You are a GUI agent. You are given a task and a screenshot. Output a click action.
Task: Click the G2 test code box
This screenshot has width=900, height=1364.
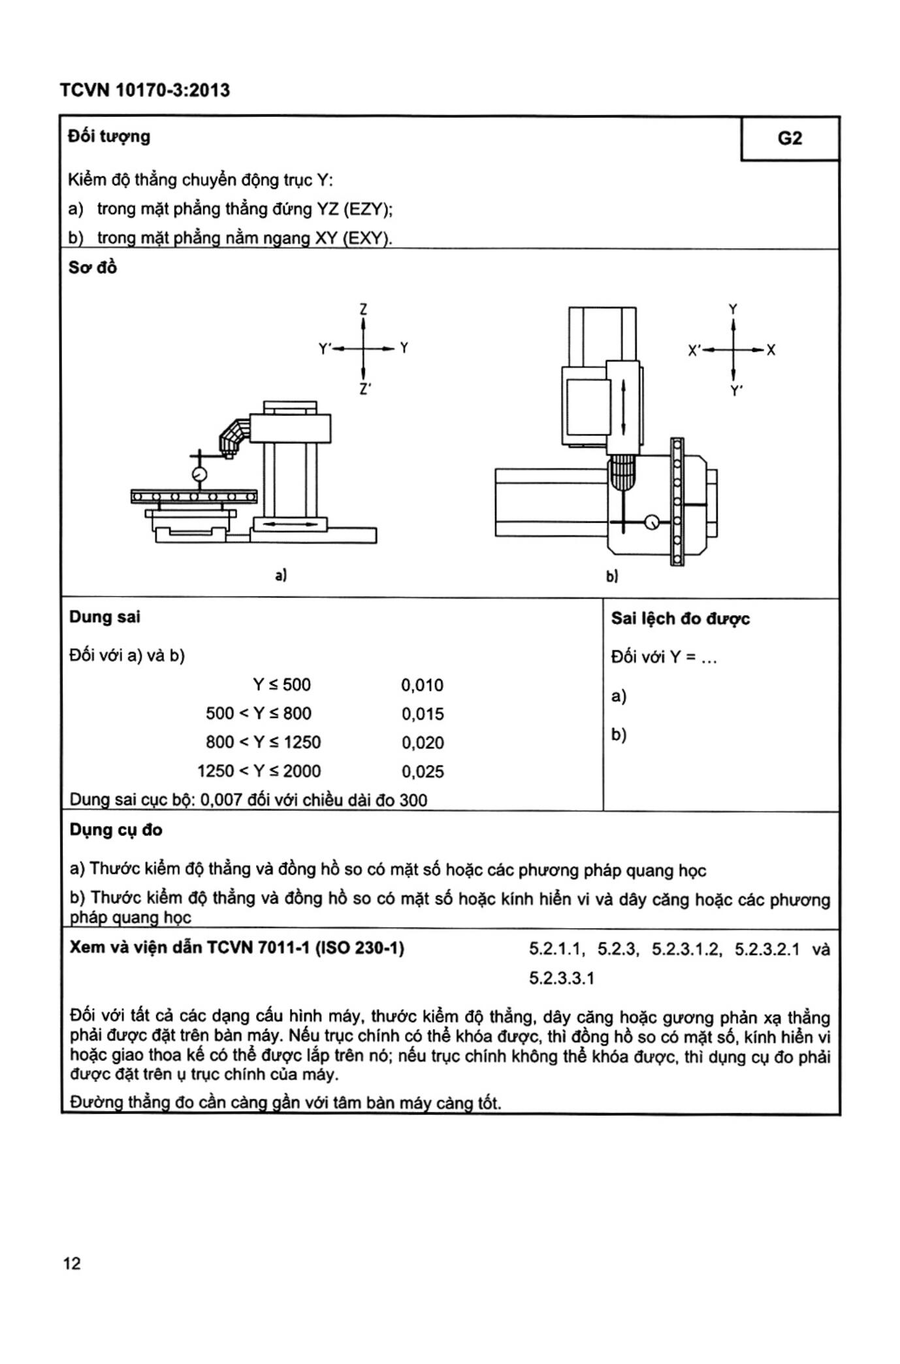[x=790, y=139]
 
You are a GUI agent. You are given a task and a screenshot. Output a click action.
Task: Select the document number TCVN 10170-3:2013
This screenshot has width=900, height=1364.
[x=145, y=90]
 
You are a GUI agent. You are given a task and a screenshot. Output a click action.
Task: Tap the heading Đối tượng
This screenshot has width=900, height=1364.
[x=109, y=136]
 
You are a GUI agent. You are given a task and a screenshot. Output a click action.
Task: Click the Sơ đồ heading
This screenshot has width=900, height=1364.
[x=93, y=267]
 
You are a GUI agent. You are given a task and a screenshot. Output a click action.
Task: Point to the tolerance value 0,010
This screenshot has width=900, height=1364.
[x=422, y=685]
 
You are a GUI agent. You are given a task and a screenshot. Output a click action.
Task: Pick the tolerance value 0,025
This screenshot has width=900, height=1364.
[x=423, y=771]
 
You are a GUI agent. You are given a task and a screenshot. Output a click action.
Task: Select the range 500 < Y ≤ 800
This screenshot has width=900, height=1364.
[x=259, y=713]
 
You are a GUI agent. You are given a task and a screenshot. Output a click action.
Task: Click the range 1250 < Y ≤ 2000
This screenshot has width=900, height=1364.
[x=259, y=771]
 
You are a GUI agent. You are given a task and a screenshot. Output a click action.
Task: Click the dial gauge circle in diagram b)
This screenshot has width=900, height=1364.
[x=651, y=522]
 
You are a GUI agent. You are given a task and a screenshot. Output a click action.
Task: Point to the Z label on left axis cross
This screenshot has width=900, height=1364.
[x=364, y=308]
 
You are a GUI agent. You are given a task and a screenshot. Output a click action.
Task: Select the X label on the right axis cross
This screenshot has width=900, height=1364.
[x=771, y=350]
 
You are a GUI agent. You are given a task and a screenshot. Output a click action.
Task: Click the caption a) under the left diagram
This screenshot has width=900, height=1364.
[x=281, y=575]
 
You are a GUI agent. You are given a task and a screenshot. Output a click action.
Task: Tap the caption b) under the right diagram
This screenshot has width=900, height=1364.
[x=611, y=576]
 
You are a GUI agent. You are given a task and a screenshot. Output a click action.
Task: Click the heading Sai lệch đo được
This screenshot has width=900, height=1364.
[x=680, y=618]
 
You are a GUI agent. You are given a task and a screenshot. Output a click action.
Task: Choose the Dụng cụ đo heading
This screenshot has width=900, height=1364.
[x=116, y=830]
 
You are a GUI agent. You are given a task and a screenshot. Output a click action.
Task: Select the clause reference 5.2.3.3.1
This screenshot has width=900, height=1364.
[x=562, y=978]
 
